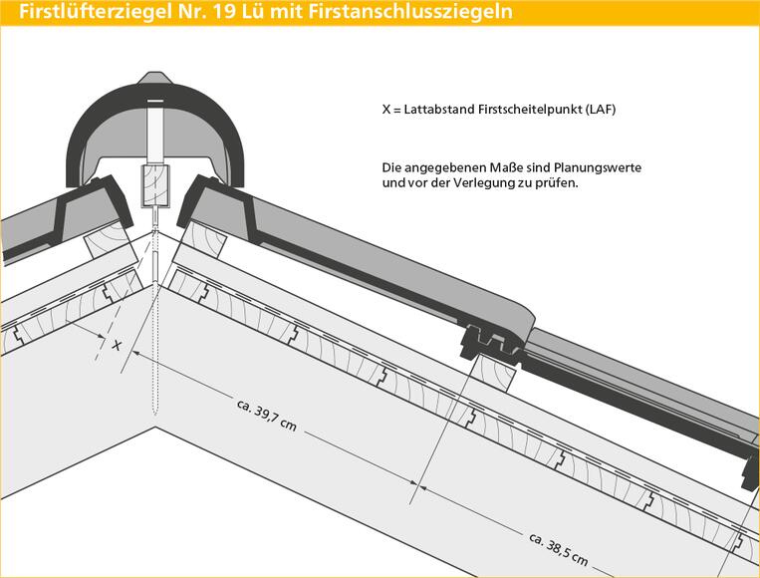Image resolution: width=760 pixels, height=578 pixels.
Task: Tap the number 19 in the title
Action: (223, 11)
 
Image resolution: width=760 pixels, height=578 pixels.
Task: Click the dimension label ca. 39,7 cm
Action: (267, 415)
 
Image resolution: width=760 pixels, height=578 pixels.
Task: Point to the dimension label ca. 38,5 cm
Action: (559, 550)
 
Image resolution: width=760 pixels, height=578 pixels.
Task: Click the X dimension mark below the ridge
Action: (117, 345)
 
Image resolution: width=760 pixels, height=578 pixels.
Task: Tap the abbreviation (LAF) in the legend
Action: (600, 109)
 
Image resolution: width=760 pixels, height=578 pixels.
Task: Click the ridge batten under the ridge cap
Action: (155, 186)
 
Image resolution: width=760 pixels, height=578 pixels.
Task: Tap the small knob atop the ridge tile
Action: (154, 79)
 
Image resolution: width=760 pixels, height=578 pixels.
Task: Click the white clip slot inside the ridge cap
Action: (155, 130)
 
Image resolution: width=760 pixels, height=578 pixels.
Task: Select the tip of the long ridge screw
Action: (155, 414)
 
